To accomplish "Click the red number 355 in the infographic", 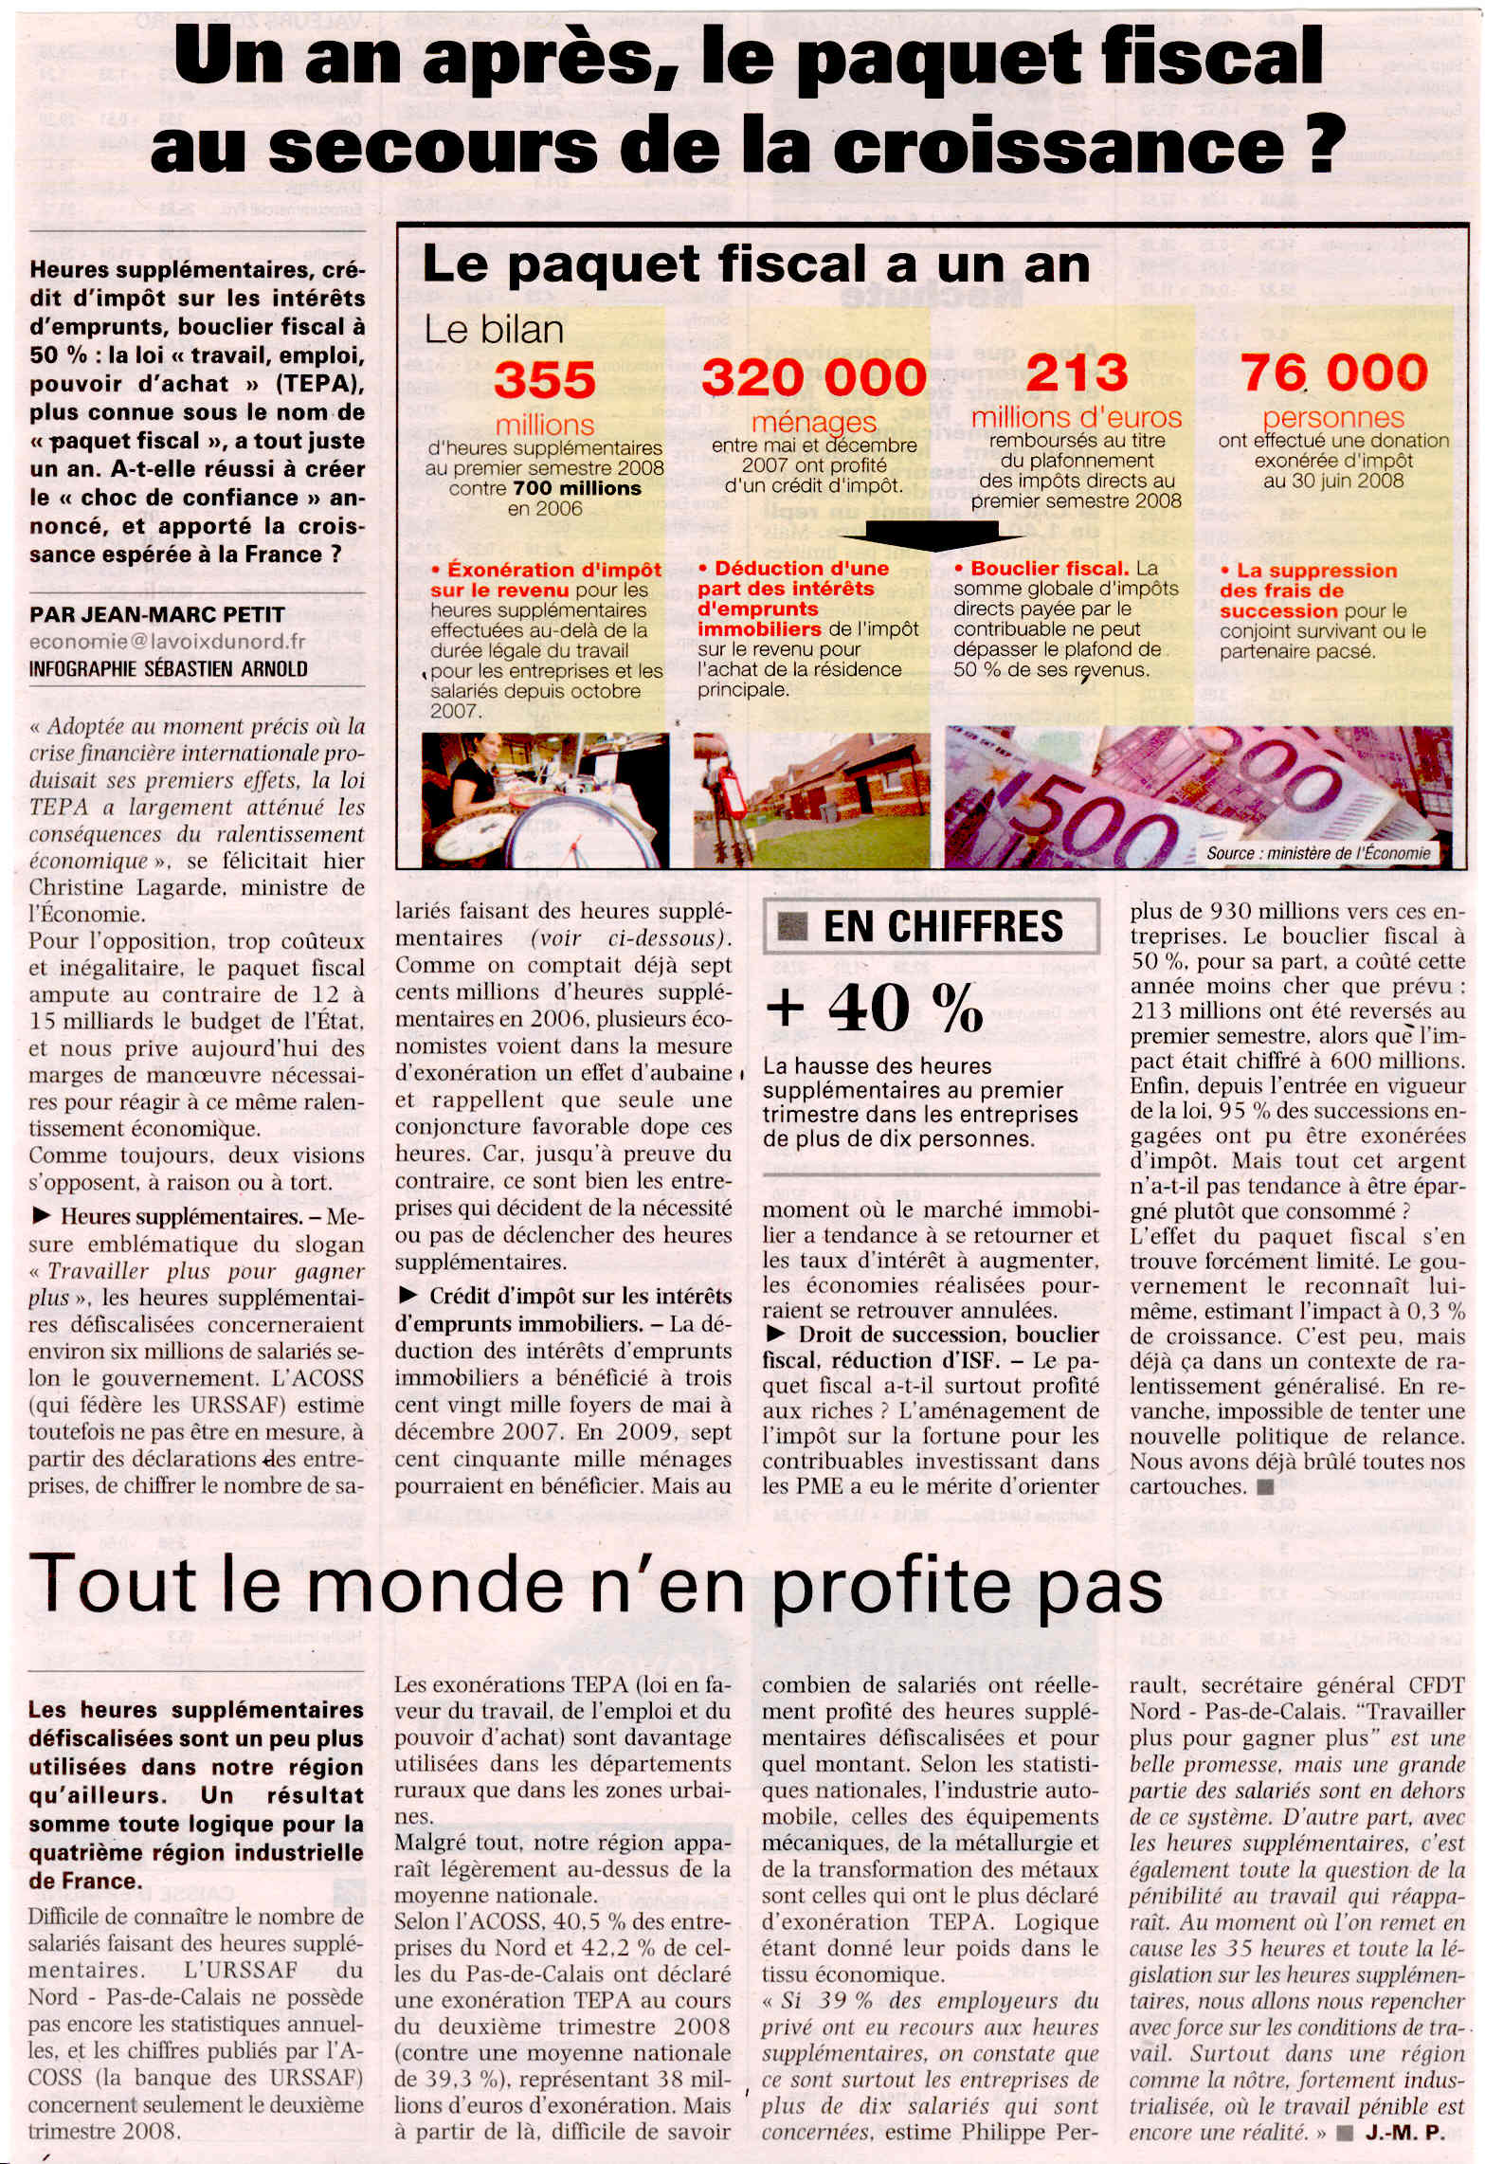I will (x=544, y=381).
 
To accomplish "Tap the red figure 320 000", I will (x=813, y=378).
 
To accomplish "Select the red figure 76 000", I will (x=1333, y=373).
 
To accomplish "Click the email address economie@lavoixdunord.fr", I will (x=167, y=642).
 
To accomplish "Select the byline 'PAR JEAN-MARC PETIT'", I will (x=156, y=614).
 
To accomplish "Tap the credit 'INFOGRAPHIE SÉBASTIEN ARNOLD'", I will (x=168, y=669).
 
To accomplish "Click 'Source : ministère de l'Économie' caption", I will (x=1317, y=853).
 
